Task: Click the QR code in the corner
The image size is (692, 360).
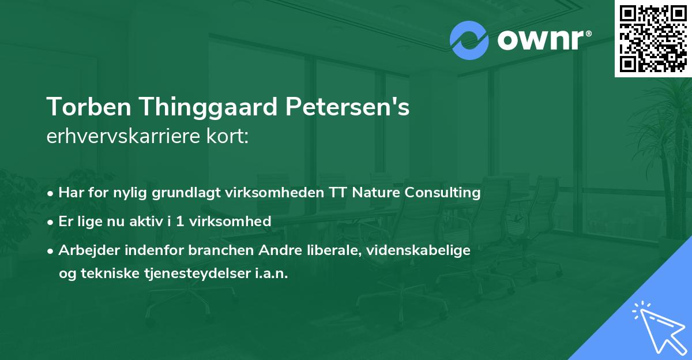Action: click(x=653, y=38)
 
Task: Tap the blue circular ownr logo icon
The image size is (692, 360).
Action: click(x=469, y=40)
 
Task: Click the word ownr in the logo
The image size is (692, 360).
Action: click(x=542, y=40)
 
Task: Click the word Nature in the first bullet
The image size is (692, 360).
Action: click(x=378, y=192)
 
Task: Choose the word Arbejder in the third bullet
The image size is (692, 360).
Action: click(x=85, y=250)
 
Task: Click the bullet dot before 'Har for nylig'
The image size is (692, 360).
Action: click(x=52, y=193)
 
